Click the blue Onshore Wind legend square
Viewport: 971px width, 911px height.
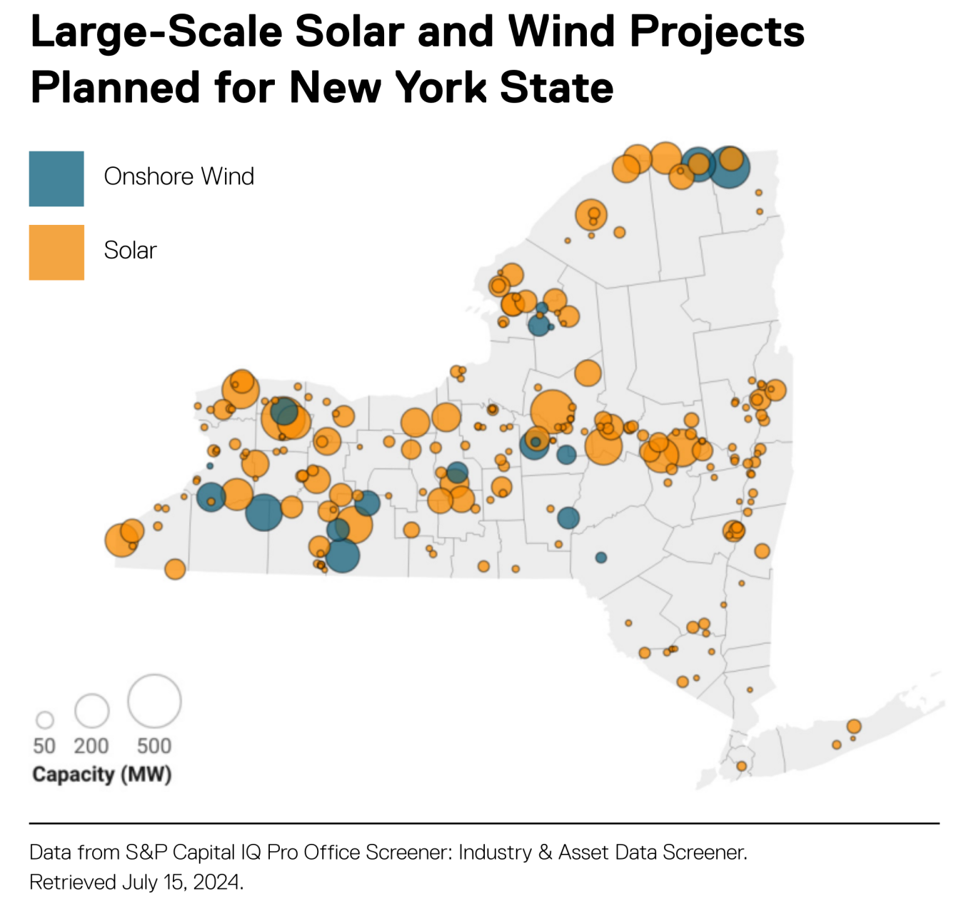[x=56, y=178]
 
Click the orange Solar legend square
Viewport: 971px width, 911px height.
[x=56, y=253]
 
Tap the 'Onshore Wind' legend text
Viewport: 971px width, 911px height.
[x=178, y=176]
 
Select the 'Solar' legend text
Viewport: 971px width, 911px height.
[x=130, y=251]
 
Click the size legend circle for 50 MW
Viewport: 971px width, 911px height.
[x=45, y=720]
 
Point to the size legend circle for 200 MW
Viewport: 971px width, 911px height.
[x=92, y=710]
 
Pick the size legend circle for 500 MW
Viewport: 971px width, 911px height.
[x=154, y=701]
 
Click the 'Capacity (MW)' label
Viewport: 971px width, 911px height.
[x=102, y=775]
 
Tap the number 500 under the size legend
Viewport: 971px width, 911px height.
[x=154, y=746]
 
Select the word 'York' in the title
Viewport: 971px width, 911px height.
[x=441, y=88]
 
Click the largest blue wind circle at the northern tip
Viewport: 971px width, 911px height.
[x=730, y=167]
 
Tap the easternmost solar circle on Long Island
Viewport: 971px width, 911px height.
[x=854, y=727]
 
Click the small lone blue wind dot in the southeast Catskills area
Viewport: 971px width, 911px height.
[x=601, y=558]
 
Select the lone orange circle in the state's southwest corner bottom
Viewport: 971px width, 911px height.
[x=175, y=569]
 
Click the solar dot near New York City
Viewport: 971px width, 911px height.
[x=742, y=766]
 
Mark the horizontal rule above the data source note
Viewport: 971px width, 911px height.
[x=484, y=823]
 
